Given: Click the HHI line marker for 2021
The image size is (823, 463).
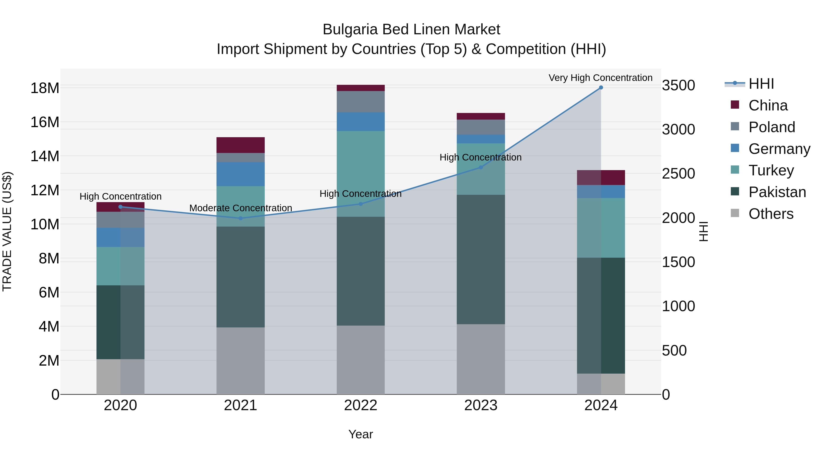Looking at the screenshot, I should (x=240, y=218).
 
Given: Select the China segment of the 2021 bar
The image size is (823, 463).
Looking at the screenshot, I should (x=240, y=145).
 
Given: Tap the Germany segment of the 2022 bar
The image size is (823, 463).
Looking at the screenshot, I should (x=361, y=121).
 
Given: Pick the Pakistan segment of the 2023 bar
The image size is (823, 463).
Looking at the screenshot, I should (x=481, y=260).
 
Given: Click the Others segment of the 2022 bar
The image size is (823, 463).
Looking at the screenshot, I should (x=361, y=360).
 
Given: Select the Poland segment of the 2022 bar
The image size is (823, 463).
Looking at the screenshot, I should (x=361, y=102).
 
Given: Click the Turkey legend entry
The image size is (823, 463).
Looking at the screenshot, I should (x=771, y=170).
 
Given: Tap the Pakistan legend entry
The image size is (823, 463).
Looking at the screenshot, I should (x=777, y=192).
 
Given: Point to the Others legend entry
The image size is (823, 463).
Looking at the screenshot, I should (x=771, y=214).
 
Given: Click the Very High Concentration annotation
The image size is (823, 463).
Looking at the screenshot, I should (x=600, y=78).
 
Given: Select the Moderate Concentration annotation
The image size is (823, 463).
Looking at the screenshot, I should (x=240, y=208).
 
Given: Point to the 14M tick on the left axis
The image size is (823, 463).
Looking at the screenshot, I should (x=45, y=156).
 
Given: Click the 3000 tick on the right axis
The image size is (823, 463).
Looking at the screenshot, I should (x=678, y=129).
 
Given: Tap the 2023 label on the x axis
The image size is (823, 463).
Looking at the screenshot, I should (x=481, y=405).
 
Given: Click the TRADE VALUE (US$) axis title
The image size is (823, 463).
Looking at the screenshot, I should (x=7, y=231).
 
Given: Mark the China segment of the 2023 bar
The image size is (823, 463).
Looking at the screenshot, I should (x=481, y=116).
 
